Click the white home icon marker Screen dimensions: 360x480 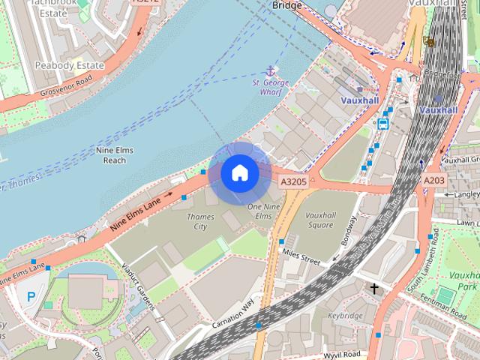tap(239, 173)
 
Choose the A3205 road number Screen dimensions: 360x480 tap(293, 181)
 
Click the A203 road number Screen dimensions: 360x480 tap(433, 181)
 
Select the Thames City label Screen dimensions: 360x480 tap(200, 221)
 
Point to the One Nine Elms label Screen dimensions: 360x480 tap(259, 211)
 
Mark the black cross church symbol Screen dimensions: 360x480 tap(373, 288)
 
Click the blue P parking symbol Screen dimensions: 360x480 tap(31, 297)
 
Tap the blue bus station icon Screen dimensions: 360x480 tap(383, 124)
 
